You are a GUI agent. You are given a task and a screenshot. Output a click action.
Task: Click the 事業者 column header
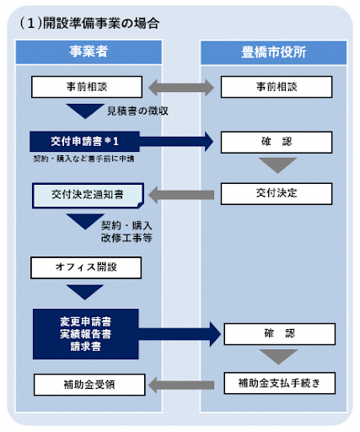(88, 51)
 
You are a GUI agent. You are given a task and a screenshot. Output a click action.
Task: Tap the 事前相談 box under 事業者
(83, 86)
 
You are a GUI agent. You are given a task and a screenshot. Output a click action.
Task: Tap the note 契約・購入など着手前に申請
(78, 158)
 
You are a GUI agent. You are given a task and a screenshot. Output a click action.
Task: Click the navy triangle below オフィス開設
(83, 293)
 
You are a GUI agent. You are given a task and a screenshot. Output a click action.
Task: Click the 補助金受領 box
(83, 385)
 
